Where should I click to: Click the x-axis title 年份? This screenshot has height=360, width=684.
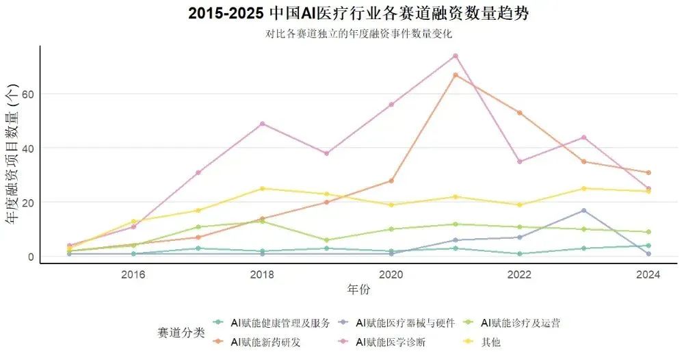tap(358, 290)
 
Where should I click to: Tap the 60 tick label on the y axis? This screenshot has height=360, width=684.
tap(27, 94)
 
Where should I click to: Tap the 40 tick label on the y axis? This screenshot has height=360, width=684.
tap(27, 148)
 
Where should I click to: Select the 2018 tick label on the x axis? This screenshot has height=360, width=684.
tap(262, 275)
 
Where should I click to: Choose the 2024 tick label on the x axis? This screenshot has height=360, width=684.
tap(648, 275)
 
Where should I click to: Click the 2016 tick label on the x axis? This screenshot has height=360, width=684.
tap(133, 275)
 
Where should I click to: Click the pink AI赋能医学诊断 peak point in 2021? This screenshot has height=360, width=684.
tap(455, 56)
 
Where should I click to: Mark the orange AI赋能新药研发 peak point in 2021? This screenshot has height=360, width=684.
tap(455, 75)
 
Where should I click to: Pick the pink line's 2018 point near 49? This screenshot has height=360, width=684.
tap(262, 124)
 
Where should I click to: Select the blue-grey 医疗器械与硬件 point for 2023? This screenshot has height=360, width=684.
tap(583, 211)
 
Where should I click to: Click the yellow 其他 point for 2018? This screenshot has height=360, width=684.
tap(262, 189)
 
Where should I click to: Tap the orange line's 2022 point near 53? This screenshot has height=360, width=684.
tap(519, 113)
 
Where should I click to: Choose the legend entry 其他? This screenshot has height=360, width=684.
tap(490, 342)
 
